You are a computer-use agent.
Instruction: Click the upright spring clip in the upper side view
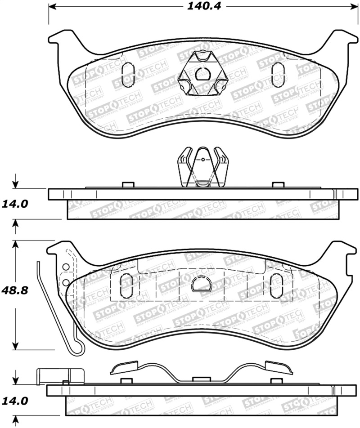coord(202,168)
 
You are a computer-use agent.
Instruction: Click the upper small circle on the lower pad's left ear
coord(66,267)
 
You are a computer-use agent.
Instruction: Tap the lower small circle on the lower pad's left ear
coord(66,282)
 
